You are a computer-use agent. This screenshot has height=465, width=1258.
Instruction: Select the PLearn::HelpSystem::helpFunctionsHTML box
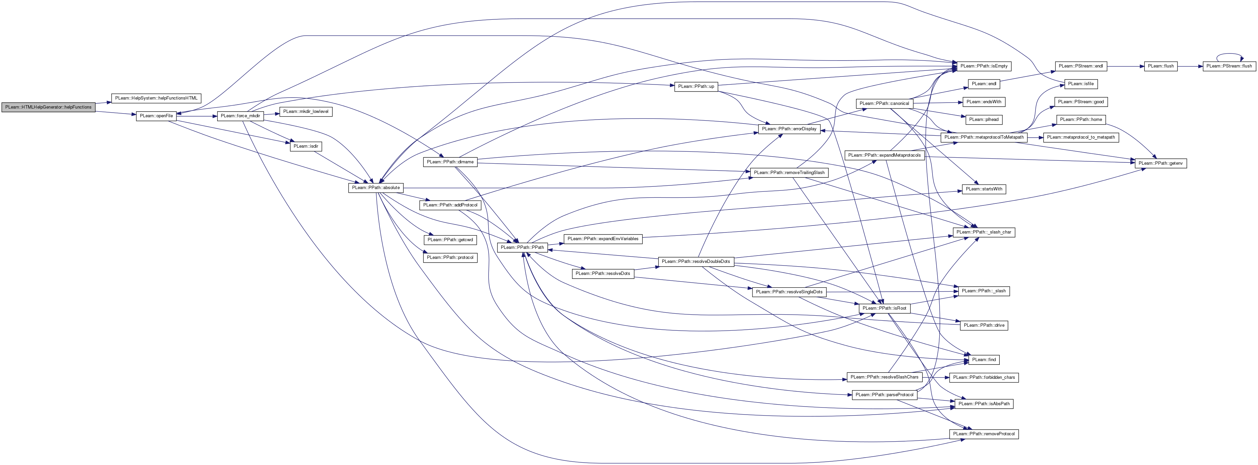point(156,98)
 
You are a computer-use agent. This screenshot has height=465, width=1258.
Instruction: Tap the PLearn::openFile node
point(156,116)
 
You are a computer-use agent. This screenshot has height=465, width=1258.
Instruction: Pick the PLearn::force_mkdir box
point(240,116)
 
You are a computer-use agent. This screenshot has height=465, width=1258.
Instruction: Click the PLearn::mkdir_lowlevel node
point(306,111)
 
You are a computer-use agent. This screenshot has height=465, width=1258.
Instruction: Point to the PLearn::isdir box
point(306,146)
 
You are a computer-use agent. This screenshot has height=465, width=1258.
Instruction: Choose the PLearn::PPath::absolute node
point(376,187)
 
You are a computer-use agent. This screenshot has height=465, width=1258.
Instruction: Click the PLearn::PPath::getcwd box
point(450,240)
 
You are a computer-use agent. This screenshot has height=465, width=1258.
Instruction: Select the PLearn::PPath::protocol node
point(450,258)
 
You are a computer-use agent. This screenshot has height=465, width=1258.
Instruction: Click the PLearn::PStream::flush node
point(1229,66)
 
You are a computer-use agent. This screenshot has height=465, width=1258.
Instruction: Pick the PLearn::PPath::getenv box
point(1160,163)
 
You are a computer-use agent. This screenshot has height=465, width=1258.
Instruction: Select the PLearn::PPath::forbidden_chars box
point(984,377)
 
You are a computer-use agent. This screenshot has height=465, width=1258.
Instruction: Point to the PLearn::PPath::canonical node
point(884,104)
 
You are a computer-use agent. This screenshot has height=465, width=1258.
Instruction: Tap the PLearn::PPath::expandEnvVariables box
point(603,239)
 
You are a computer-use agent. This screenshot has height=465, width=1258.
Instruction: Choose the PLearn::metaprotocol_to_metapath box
point(1081,137)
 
